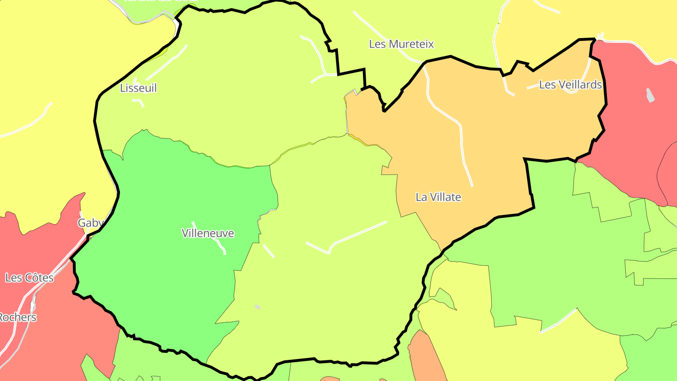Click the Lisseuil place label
[138, 88]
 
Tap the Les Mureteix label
[401, 44]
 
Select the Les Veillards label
[570, 85]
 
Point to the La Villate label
[438, 197]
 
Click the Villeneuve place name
[207, 233]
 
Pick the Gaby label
[88, 223]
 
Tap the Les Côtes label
[29, 278]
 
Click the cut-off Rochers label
[17, 317]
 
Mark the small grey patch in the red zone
[650, 95]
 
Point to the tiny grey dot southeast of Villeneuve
[258, 307]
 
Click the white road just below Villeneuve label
[219, 244]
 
